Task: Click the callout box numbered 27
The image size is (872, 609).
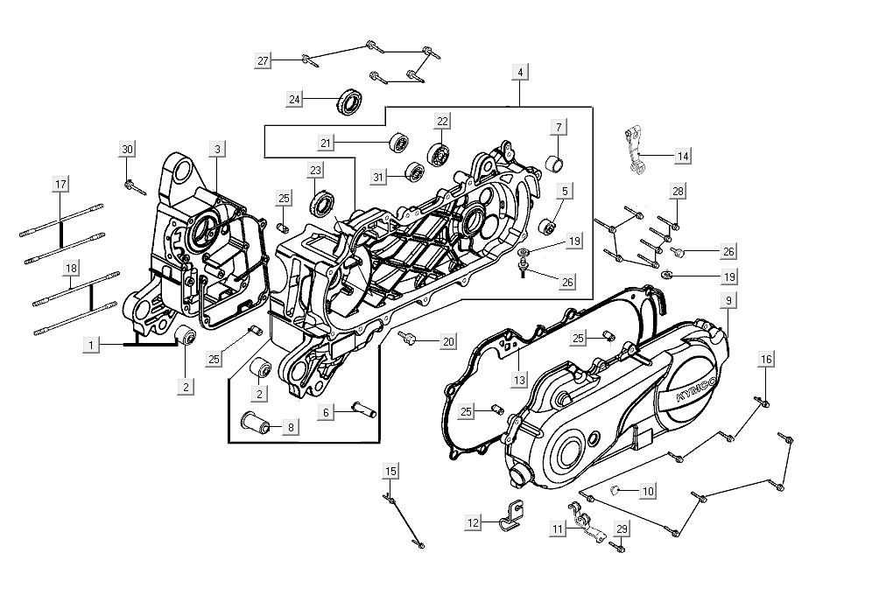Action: pyautogui.click(x=263, y=60)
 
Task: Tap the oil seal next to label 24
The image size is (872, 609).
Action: pyautogui.click(x=351, y=101)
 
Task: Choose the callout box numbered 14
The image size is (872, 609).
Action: pyautogui.click(x=683, y=156)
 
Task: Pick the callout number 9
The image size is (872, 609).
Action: pyautogui.click(x=728, y=301)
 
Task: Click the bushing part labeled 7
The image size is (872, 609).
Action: pyautogui.click(x=555, y=163)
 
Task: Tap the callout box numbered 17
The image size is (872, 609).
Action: pyautogui.click(x=60, y=185)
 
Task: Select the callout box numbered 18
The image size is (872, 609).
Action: pyautogui.click(x=70, y=269)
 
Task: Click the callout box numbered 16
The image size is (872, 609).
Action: pyautogui.click(x=766, y=360)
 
